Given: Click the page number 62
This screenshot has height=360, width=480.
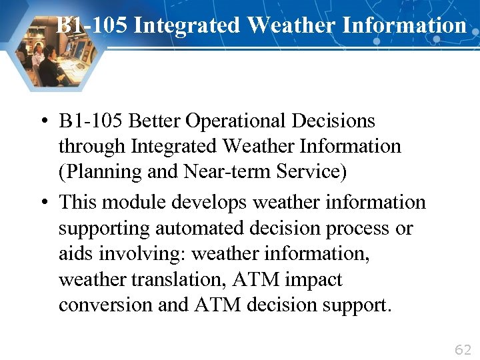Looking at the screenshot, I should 463,350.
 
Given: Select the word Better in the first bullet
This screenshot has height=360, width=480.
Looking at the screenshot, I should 154,121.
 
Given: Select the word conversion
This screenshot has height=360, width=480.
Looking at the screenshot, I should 98,305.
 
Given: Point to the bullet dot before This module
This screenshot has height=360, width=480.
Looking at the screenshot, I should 43,202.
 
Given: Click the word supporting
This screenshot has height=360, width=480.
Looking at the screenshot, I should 104,229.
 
